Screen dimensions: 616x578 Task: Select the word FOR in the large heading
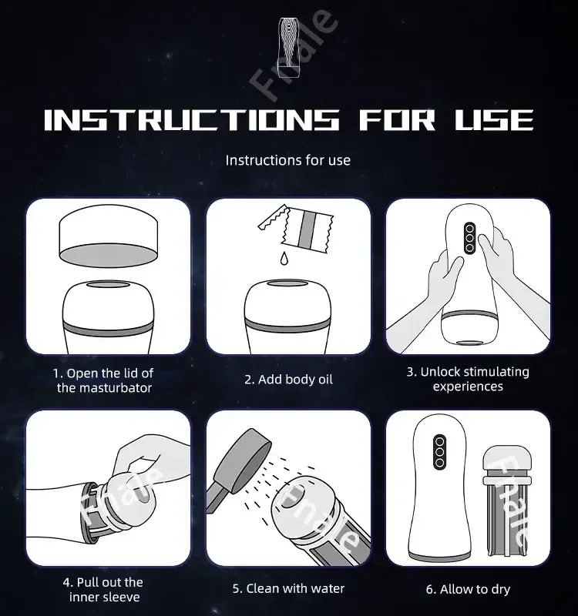click(x=392, y=119)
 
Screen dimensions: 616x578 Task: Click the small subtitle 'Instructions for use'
click(x=287, y=160)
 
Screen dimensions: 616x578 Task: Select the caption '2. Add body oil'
click(x=288, y=380)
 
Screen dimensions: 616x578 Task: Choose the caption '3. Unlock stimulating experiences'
click(x=468, y=379)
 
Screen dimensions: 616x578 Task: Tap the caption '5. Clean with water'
click(x=288, y=588)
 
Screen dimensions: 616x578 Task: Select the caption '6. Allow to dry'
click(x=468, y=589)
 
